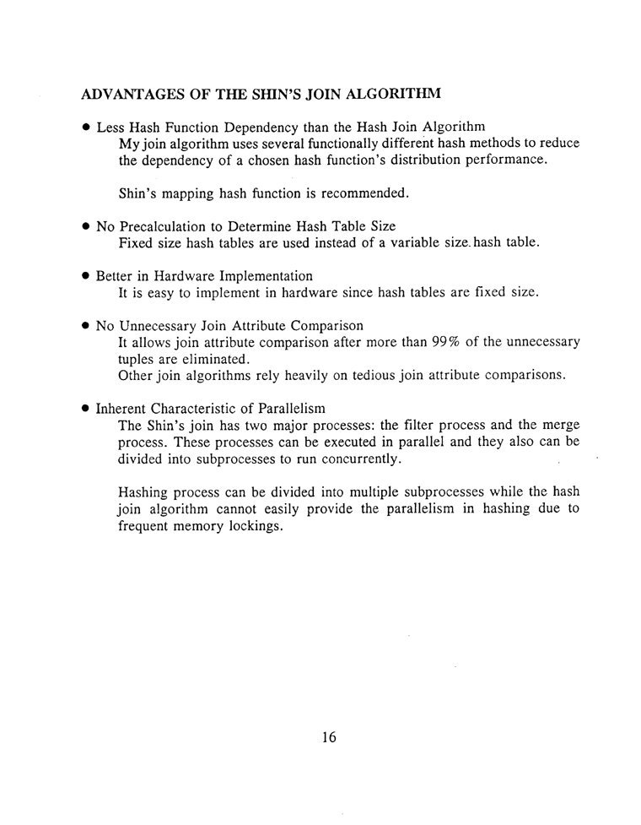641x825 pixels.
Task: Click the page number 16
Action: pyautogui.click(x=328, y=737)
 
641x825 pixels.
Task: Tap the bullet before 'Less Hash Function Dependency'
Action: pyautogui.click(x=85, y=128)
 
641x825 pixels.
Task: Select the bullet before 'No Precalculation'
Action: pyautogui.click(x=85, y=227)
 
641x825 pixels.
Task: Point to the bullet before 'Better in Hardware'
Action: pyautogui.click(x=85, y=277)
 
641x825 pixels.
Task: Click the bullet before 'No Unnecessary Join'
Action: pyautogui.click(x=85, y=326)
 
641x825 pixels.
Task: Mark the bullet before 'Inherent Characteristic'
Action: pyautogui.click(x=85, y=409)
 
